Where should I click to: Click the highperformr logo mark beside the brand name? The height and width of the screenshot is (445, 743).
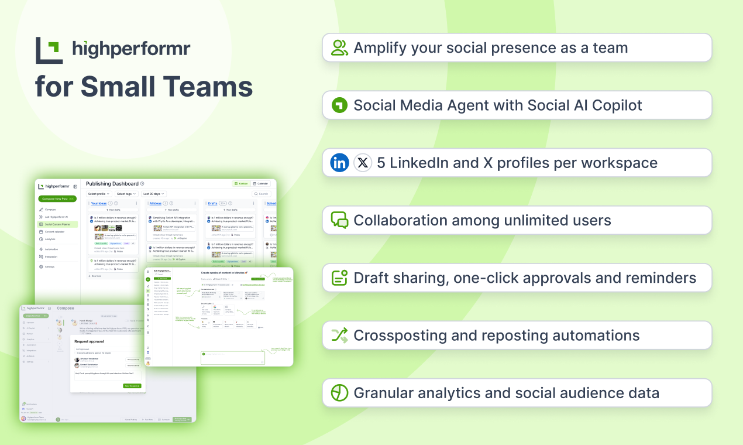click(49, 50)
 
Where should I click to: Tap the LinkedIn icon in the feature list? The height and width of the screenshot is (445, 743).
click(339, 163)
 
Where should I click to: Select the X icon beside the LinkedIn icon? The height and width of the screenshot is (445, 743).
click(363, 163)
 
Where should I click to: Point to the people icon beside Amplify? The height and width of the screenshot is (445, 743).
click(339, 48)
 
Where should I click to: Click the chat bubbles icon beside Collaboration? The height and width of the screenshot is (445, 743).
click(339, 220)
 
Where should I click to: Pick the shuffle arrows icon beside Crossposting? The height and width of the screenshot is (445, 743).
click(339, 336)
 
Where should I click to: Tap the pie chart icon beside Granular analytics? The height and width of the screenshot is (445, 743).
click(339, 393)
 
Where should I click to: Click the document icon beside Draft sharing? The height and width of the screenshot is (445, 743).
click(339, 278)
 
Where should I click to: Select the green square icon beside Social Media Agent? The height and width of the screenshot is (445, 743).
click(339, 105)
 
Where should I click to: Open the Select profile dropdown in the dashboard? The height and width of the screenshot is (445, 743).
click(99, 194)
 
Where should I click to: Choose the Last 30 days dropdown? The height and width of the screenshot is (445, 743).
click(154, 194)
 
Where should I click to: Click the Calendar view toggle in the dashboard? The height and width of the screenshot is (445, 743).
click(260, 184)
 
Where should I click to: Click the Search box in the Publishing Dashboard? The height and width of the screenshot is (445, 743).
click(262, 194)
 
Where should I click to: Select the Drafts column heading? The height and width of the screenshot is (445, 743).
click(212, 204)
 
